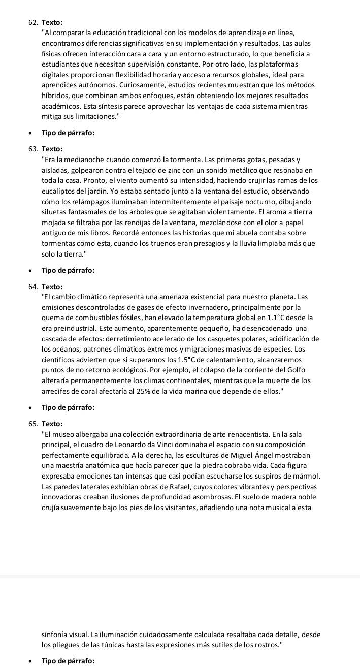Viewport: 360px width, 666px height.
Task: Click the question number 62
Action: pyautogui.click(x=34, y=22)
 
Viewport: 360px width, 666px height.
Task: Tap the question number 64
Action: pyautogui.click(x=34, y=287)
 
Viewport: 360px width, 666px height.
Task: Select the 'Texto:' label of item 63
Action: pyautogui.click(x=52, y=149)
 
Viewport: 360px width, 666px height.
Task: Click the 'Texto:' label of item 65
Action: pyautogui.click(x=52, y=424)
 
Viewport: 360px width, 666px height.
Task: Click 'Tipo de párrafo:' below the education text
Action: pyautogui.click(x=68, y=133)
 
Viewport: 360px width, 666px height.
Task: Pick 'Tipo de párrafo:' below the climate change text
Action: pyautogui.click(x=68, y=408)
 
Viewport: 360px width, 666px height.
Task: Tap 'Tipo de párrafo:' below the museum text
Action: pyautogui.click(x=68, y=660)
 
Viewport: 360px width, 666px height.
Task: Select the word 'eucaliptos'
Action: pyautogui.click(x=59, y=191)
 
